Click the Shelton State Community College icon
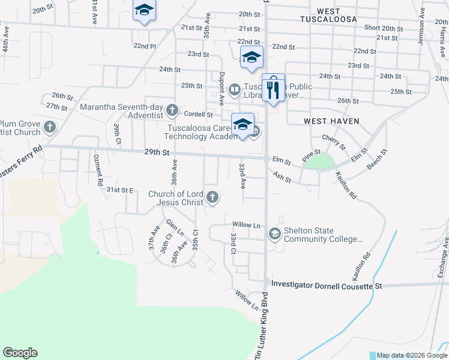[x=275, y=233]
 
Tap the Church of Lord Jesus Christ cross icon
[x=212, y=197]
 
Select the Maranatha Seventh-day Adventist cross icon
[x=172, y=109]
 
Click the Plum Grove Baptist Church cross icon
[x=50, y=127]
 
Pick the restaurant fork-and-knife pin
[x=273, y=89]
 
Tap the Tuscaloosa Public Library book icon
[x=234, y=90]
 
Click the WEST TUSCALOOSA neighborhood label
[x=328, y=15]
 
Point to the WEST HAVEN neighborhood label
[x=331, y=121]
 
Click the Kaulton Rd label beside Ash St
[x=346, y=187]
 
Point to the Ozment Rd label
[x=98, y=170]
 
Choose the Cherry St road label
[x=334, y=143]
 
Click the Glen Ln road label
[x=174, y=227]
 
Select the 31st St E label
[x=119, y=190]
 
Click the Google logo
[x=20, y=353]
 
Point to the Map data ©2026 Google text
[x=412, y=355]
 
